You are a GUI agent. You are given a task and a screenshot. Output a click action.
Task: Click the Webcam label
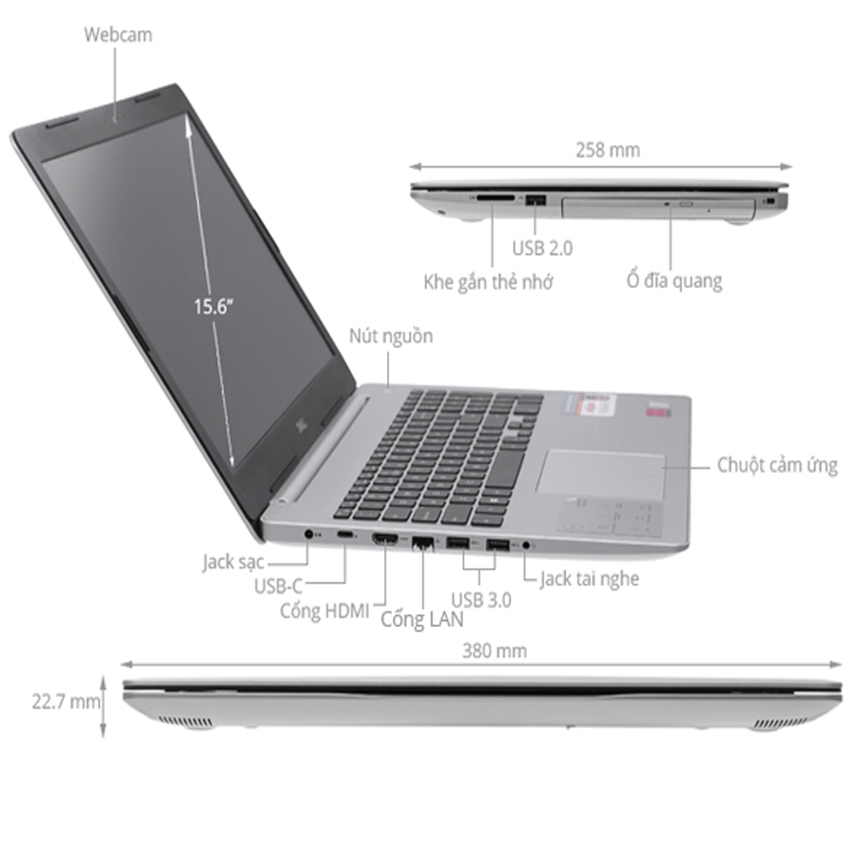118,35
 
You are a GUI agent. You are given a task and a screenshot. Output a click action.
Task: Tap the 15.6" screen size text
214,306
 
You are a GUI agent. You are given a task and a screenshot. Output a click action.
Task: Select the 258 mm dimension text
608,149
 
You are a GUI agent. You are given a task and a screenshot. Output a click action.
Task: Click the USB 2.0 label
542,248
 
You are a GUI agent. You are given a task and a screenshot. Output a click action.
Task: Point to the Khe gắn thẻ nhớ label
488,282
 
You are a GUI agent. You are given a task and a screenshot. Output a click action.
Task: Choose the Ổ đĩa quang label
673,281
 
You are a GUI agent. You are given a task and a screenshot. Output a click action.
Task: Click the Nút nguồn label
390,336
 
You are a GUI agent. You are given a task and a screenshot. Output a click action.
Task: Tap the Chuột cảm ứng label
777,465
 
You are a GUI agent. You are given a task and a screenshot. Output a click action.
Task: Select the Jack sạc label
232,561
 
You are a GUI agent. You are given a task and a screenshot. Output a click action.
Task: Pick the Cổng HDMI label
323,611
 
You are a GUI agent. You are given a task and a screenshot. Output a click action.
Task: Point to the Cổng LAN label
422,619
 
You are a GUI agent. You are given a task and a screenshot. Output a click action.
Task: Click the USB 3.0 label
481,599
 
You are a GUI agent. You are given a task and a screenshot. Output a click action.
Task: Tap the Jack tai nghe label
589,577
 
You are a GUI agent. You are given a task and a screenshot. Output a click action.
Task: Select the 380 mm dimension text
495,652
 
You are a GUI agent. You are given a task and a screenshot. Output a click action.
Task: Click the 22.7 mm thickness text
65,702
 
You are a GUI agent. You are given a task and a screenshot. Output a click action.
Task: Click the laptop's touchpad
600,473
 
